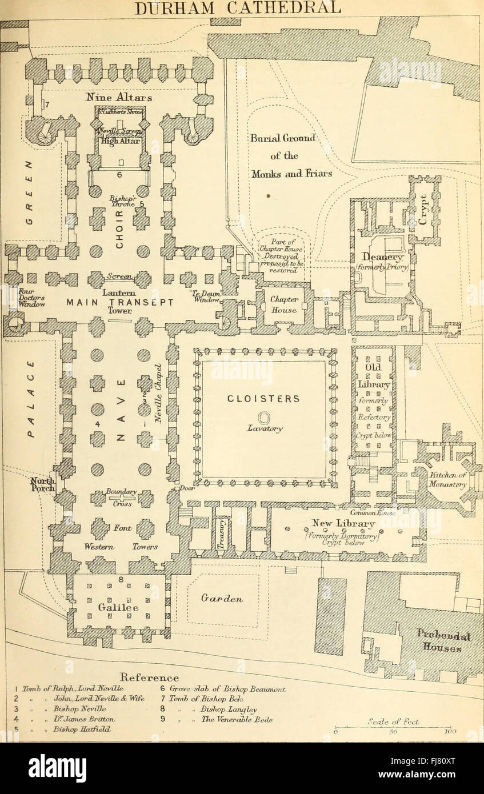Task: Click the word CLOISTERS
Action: [265, 399]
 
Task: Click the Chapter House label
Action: [283, 305]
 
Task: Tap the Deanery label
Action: [381, 259]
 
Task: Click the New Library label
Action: [343, 523]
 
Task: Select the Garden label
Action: [223, 599]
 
